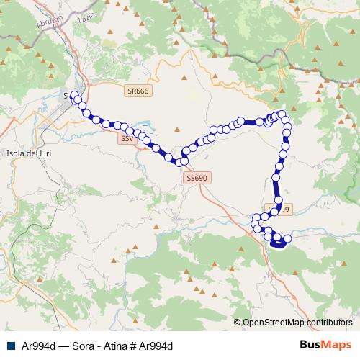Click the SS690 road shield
point(195,177)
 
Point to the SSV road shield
point(127,138)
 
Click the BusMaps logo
point(325,345)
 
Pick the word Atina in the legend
point(107,346)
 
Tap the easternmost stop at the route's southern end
point(287,238)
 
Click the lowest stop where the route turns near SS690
point(184,161)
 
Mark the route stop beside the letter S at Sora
point(74,96)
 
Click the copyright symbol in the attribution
point(238,323)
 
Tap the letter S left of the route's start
point(66,95)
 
